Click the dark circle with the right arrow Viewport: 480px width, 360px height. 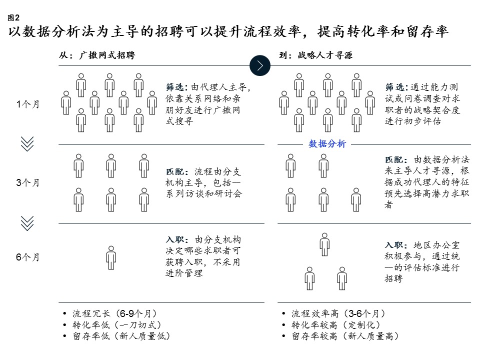point(260,65)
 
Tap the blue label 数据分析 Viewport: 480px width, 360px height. point(327,144)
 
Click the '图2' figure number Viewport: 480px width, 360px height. point(13,18)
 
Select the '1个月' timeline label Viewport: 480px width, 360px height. point(28,104)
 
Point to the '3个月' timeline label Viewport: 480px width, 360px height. point(28,183)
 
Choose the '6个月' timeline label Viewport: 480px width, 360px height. point(28,257)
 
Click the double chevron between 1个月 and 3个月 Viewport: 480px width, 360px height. point(27,144)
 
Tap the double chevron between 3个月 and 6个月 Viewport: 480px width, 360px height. point(27,223)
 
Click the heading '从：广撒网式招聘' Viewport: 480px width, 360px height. point(97,55)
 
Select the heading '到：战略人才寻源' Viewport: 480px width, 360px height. point(315,55)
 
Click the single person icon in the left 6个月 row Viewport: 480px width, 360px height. point(111,258)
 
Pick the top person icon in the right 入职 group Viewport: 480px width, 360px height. point(324,244)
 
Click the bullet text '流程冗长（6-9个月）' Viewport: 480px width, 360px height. point(115,313)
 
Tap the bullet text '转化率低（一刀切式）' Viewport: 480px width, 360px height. point(117,325)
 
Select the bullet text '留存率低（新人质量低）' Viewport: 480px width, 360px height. point(121,336)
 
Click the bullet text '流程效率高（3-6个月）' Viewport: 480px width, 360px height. point(338,313)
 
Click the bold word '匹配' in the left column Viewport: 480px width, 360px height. point(175,171)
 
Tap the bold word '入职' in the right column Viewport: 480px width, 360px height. point(394,245)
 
